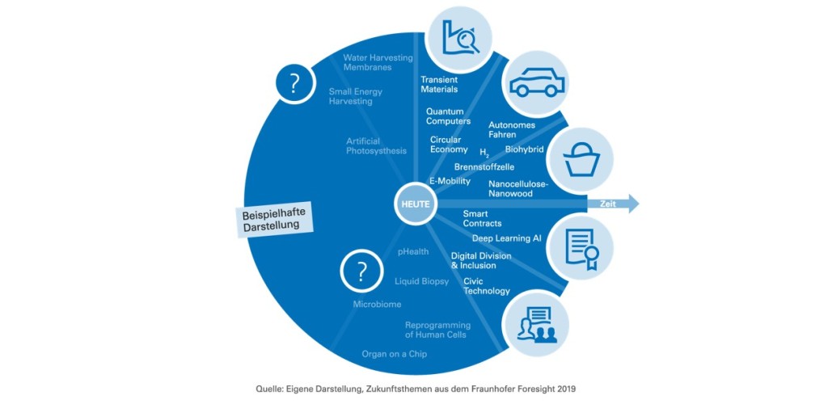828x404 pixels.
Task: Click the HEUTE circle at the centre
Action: click(x=415, y=204)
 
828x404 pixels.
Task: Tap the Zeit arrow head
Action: click(x=632, y=204)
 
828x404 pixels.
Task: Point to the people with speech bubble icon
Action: click(x=535, y=323)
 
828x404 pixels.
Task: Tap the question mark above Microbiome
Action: click(x=361, y=271)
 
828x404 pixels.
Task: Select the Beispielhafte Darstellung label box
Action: click(x=275, y=220)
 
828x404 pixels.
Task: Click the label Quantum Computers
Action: click(x=448, y=116)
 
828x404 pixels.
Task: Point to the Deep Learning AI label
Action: click(x=506, y=238)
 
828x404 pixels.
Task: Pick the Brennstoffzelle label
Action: click(x=484, y=167)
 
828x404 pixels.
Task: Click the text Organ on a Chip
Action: click(x=394, y=354)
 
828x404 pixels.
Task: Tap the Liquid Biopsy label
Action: click(x=421, y=281)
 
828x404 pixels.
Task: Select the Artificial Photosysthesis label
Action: click(x=377, y=146)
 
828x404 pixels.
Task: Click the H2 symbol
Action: click(x=484, y=154)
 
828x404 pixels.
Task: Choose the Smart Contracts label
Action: click(x=482, y=218)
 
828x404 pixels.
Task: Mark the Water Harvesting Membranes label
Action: click(x=378, y=62)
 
